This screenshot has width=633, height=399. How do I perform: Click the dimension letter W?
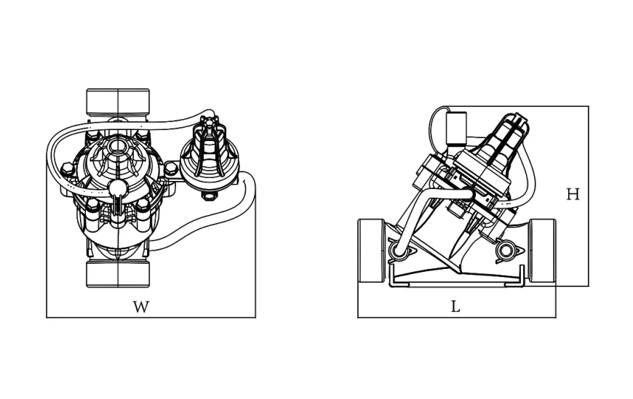click(141, 307)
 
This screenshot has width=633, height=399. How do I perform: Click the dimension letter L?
click(455, 307)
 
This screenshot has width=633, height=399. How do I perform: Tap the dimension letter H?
click(573, 195)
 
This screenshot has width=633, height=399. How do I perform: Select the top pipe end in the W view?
click(118, 101)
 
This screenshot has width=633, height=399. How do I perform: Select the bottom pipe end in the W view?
click(118, 274)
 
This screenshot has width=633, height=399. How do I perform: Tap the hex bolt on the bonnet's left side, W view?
click(68, 168)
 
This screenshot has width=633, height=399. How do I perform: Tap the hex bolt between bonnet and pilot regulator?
click(171, 168)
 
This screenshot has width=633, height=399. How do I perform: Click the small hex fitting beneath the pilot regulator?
click(210, 196)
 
